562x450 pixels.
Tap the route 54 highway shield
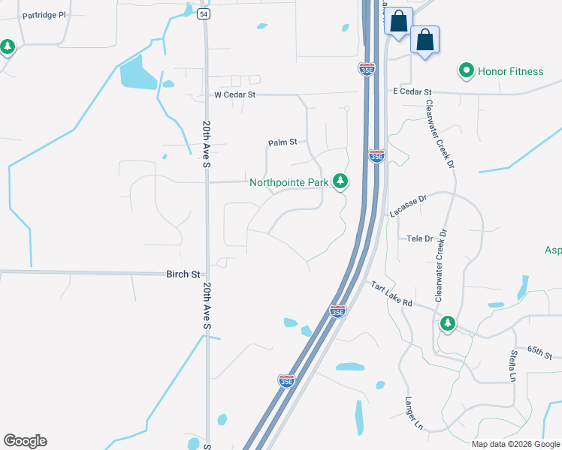click(x=204, y=13)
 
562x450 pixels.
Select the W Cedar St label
click(x=235, y=95)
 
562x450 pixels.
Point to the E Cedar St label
click(x=412, y=91)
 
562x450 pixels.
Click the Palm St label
click(x=283, y=142)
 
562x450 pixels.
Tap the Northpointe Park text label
click(x=289, y=181)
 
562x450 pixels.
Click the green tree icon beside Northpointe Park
click(x=341, y=181)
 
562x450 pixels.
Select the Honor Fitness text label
click(x=511, y=71)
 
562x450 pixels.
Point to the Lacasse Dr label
click(x=408, y=205)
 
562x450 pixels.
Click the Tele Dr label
click(x=420, y=238)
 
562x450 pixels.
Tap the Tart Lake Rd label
click(x=391, y=293)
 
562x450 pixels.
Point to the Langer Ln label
click(x=414, y=413)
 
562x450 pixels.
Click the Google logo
click(x=25, y=441)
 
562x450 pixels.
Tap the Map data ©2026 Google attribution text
click(x=515, y=444)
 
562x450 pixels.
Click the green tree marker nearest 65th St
click(x=448, y=323)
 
